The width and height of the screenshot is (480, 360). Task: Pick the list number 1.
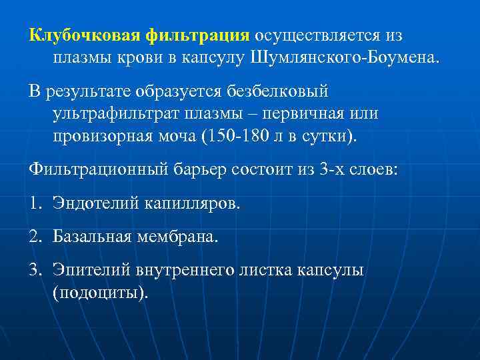(34, 202)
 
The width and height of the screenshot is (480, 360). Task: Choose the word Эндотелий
(95, 202)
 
